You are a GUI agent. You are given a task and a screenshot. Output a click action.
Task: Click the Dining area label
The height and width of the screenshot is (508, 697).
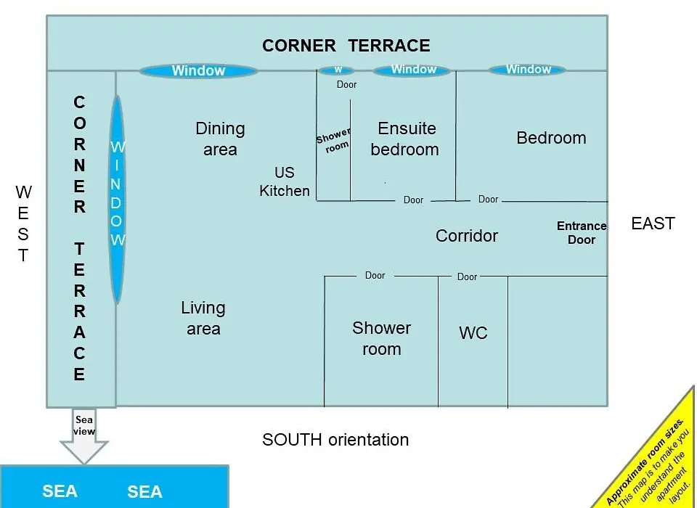point(220,139)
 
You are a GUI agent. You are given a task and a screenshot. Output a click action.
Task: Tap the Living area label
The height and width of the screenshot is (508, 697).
point(203,318)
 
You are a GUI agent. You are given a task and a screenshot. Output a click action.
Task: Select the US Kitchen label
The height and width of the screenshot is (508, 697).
point(285,181)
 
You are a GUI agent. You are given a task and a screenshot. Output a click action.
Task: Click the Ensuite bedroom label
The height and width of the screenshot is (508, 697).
point(405,139)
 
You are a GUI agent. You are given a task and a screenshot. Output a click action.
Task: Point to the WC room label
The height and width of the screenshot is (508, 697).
point(473,333)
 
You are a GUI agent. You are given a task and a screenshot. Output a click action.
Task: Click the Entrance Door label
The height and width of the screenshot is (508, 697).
point(582,232)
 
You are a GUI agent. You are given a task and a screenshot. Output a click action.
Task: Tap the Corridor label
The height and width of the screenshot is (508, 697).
point(467,236)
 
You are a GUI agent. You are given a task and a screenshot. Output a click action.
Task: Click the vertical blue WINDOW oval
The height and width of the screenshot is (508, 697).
point(117,199)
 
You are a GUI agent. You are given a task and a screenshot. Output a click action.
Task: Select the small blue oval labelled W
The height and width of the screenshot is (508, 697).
point(336,70)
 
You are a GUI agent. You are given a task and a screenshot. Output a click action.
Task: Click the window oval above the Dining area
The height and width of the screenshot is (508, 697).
point(198,70)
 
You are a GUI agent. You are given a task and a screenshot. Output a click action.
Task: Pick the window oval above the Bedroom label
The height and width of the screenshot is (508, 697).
point(528,70)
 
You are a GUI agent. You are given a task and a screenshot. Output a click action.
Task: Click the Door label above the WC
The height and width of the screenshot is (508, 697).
point(467,277)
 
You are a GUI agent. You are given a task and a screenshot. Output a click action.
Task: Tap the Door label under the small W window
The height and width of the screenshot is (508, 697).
point(347,84)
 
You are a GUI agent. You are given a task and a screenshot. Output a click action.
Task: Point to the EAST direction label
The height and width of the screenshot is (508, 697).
point(653,223)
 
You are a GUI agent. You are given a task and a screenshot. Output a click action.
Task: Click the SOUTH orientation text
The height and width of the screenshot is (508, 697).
point(335,440)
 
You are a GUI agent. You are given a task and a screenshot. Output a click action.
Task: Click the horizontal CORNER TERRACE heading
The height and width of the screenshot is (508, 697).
point(346,45)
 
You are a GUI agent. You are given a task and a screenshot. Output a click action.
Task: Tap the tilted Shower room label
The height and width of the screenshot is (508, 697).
point(333,141)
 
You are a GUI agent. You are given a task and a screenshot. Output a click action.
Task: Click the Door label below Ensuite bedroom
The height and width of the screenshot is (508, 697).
point(413,200)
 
